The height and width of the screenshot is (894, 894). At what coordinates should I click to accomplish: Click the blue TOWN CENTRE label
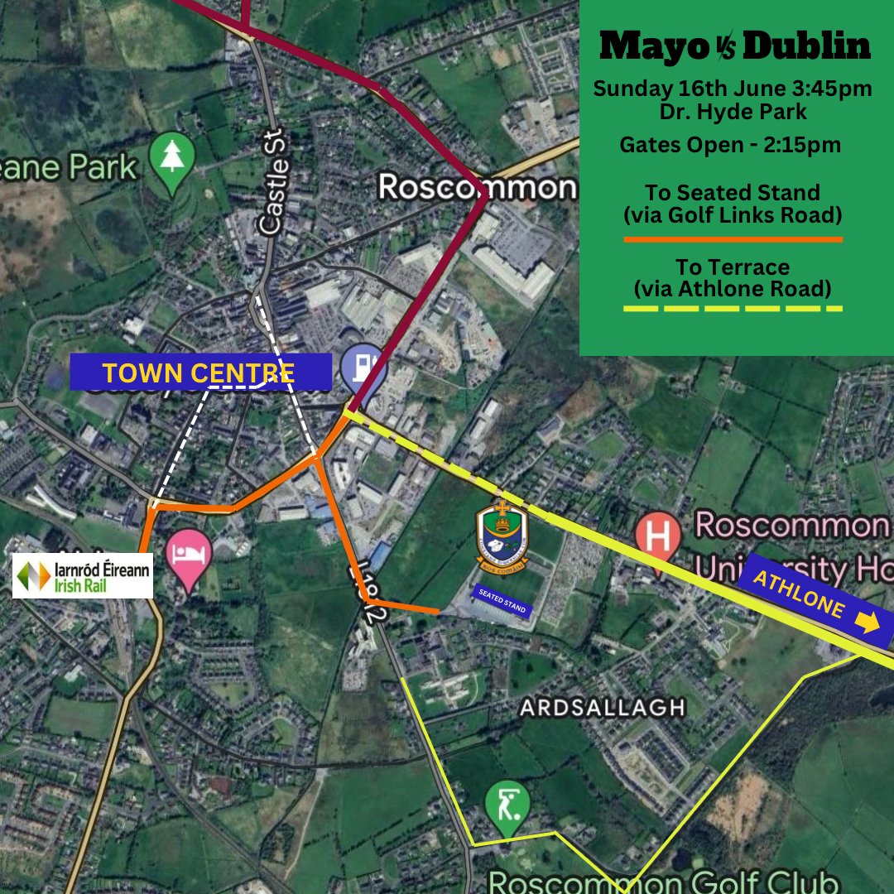coord(200,372)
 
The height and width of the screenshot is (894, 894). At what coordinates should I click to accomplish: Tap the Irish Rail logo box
coord(83,575)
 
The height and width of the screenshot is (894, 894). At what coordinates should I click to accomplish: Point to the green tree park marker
coord(171,159)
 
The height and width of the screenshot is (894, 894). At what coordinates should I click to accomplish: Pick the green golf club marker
coord(507,808)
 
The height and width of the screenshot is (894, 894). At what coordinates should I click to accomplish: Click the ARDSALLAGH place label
coord(603,708)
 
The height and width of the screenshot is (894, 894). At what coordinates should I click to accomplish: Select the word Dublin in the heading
coord(807,47)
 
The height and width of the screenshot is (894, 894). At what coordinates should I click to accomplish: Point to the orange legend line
coord(733,240)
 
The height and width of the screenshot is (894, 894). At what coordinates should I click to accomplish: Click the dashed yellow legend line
coord(733,309)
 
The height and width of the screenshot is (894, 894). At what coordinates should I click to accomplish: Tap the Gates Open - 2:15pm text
coord(731,145)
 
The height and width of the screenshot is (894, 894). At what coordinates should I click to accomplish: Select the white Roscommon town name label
coord(477,186)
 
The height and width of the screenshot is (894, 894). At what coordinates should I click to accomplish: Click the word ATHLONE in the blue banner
coord(799,598)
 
